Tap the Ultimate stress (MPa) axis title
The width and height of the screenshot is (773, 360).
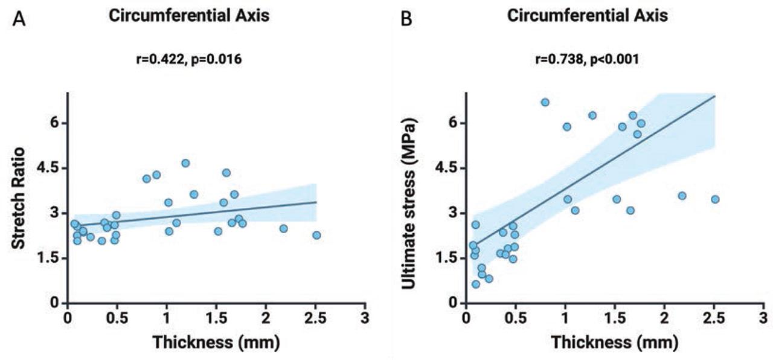412,198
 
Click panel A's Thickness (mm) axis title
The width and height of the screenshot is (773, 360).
216,342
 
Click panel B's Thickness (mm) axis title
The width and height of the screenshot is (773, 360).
615,342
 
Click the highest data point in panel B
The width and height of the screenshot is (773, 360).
545,102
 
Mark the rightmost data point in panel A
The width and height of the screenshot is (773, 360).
316,235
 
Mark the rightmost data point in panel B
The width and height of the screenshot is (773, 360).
715,199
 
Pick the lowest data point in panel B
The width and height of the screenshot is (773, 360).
476,284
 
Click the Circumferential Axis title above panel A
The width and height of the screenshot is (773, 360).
189,17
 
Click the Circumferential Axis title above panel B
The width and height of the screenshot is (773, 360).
588,17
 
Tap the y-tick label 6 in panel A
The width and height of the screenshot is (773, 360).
53,123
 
